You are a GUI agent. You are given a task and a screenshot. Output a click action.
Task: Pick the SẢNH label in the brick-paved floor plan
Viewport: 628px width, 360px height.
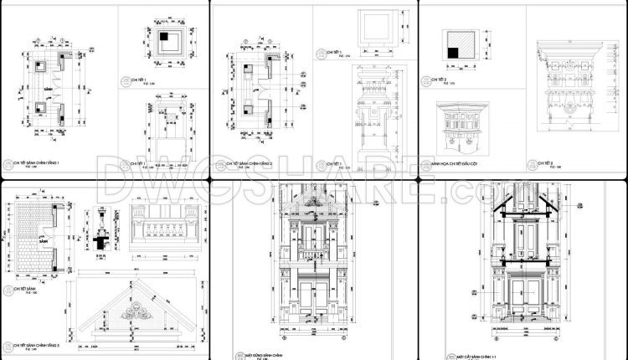tap(37, 239)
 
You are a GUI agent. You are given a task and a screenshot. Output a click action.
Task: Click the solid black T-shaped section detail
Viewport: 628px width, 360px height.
tap(102, 240)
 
